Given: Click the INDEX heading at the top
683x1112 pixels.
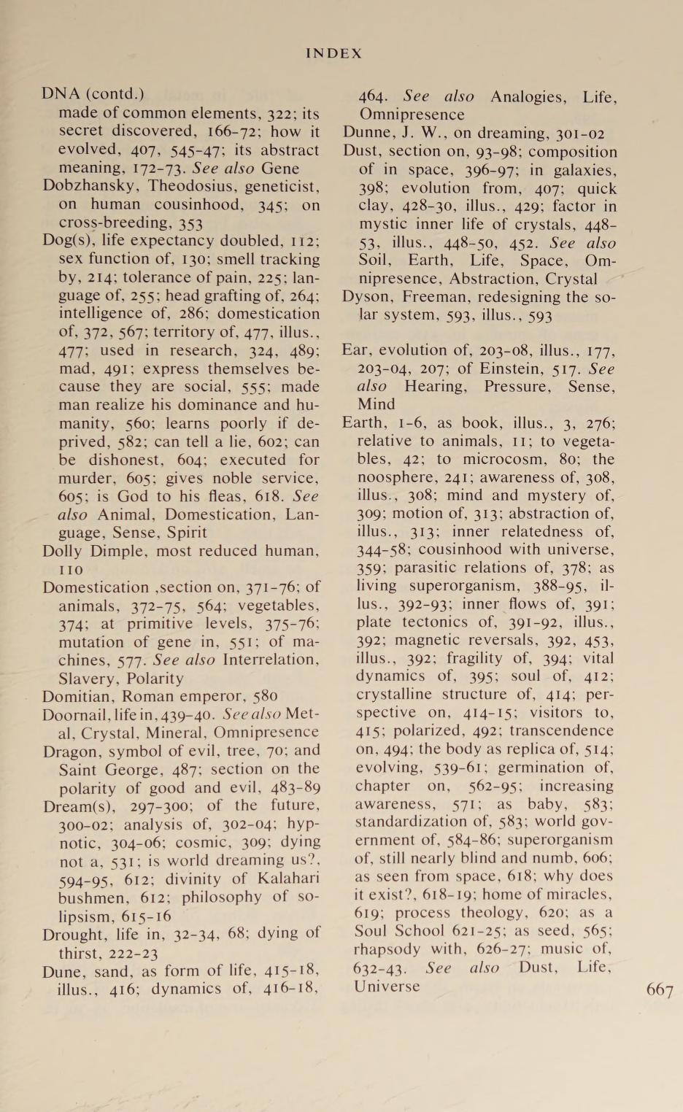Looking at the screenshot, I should (333, 53).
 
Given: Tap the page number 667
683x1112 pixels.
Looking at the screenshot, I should (660, 990).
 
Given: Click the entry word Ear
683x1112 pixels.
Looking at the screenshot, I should (355, 350).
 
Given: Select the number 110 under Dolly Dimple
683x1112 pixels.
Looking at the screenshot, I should (71, 569).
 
